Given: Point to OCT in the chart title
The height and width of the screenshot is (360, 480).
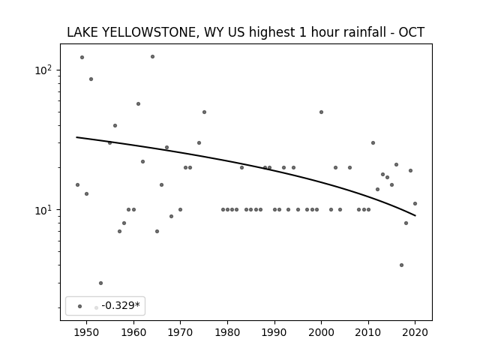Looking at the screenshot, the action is (412, 32).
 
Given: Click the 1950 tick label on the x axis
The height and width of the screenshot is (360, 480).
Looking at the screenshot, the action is (87, 332).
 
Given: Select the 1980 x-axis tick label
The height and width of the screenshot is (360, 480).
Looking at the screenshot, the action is (227, 332).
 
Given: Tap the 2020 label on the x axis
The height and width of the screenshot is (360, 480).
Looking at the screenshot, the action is (415, 332).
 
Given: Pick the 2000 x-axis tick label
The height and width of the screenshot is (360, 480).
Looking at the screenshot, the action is (321, 332).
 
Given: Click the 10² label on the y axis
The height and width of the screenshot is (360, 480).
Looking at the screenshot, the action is (43, 70).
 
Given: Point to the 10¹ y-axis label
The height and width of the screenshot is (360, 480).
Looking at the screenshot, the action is (43, 210).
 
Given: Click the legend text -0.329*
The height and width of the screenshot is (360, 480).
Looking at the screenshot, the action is (121, 305).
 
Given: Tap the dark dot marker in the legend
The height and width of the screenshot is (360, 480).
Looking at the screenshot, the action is (80, 307).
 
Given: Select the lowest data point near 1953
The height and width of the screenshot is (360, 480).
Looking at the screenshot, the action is (100, 283).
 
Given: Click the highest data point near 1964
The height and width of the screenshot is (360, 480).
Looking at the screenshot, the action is (152, 57).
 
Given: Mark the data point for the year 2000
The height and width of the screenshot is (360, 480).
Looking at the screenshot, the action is (321, 112).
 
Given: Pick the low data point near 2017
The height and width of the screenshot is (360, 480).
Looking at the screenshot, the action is (401, 265).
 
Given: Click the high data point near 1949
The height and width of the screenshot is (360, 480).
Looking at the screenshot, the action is (82, 57).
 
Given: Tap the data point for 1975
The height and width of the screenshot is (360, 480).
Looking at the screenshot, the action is (204, 112).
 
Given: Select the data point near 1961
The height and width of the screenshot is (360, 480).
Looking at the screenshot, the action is (138, 103).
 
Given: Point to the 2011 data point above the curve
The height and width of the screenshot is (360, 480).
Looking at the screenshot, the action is (373, 142).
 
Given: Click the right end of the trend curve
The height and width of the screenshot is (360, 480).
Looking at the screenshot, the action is (415, 216).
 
